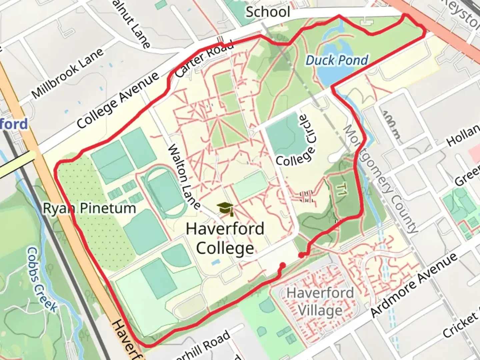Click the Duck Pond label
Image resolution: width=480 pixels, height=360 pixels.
[337, 61]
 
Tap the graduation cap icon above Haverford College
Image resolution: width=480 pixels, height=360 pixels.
[225, 209]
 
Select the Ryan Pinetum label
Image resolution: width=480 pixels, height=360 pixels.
[90, 209]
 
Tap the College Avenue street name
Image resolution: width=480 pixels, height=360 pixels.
[118, 100]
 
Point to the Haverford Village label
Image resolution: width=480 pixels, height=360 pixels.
[320, 302]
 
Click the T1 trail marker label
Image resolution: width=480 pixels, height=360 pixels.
[340, 190]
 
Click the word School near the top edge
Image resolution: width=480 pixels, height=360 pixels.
[268, 12]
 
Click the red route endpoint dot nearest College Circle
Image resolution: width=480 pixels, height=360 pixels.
[301, 255]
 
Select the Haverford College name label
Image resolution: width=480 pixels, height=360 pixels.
[225, 239]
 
